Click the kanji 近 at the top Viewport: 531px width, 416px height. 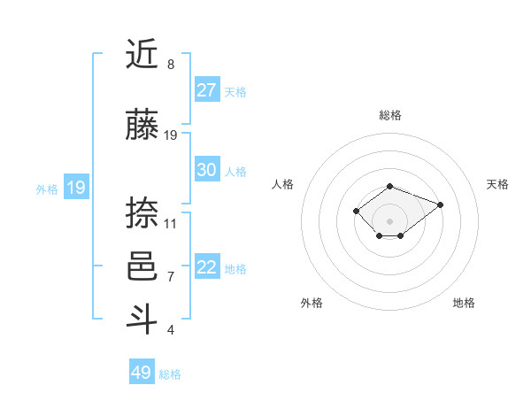point(142,55)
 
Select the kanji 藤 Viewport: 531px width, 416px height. point(142,125)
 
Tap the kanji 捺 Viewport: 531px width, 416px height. point(142,213)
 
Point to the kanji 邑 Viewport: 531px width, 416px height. point(142,266)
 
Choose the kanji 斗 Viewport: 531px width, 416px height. point(142,320)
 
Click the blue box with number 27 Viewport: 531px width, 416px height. point(207,90)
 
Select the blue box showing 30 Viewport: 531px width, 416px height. point(207,170)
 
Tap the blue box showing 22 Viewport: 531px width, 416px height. point(207,268)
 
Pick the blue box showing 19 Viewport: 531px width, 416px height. point(76,188)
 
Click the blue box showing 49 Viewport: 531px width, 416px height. point(142,373)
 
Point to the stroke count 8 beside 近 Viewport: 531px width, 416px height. point(170,65)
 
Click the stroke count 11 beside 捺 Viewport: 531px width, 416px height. point(171,223)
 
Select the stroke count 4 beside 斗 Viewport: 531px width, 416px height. point(170,330)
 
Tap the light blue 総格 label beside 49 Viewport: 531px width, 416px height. point(170,374)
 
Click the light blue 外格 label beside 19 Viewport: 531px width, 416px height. point(46,189)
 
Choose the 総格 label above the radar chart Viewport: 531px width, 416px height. point(389,115)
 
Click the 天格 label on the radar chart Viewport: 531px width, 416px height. point(497,184)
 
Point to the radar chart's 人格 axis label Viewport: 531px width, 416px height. point(283,184)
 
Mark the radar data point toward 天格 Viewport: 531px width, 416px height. point(440,204)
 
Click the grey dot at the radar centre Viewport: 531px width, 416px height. point(389,221)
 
